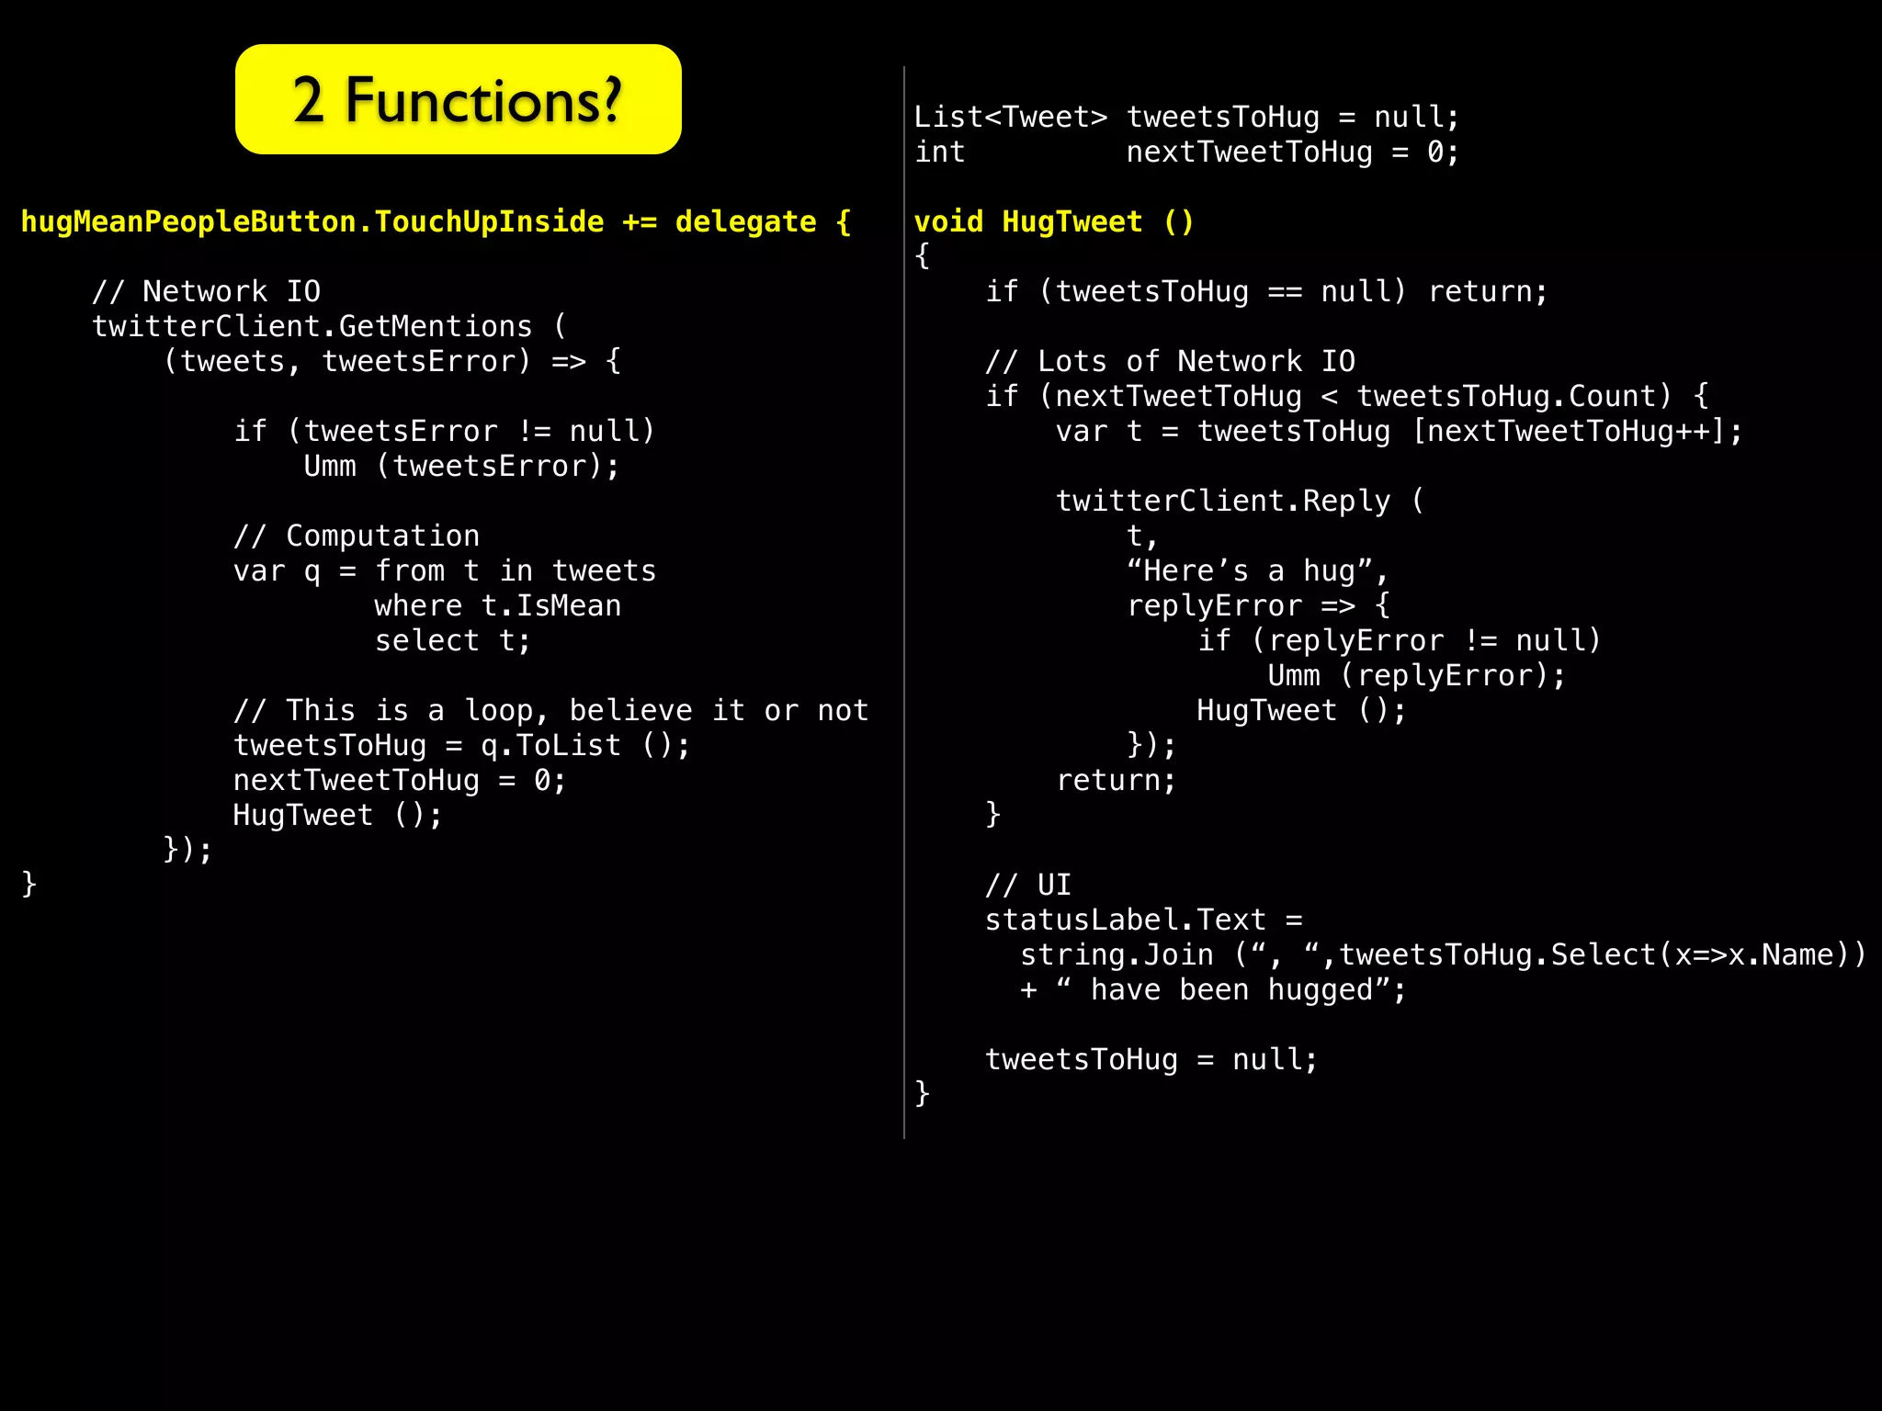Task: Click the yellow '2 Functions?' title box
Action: (458, 99)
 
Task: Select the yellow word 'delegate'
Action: (745, 222)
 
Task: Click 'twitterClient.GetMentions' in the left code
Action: (312, 327)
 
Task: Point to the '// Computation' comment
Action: (357, 536)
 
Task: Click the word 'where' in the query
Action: (418, 606)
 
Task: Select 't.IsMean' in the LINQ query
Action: (551, 606)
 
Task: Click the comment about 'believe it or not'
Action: (550, 711)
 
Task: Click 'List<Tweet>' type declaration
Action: (1011, 118)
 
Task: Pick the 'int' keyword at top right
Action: (939, 152)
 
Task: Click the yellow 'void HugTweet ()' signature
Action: (1053, 222)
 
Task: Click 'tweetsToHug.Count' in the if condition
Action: (1513, 397)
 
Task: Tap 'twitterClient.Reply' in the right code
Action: (1222, 502)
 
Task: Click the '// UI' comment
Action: (1028, 886)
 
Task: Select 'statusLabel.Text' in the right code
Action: (1125, 920)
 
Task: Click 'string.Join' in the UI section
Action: (1117, 955)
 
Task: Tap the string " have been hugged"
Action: (1231, 990)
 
